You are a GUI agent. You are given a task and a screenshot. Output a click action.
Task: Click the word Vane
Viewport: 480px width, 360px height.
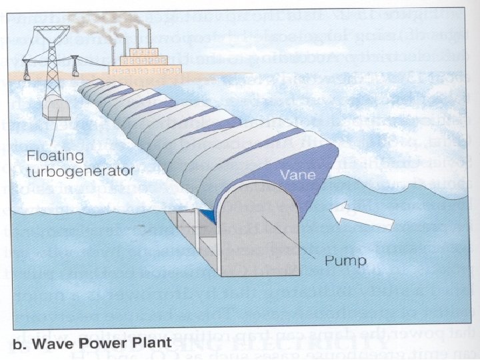tap(294, 175)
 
